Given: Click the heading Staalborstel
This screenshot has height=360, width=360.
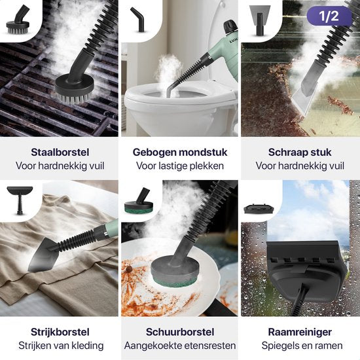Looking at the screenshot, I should pyautogui.click(x=59, y=152).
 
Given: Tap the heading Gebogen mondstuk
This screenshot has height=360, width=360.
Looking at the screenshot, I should pyautogui.click(x=180, y=152).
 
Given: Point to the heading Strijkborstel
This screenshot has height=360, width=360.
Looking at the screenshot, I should pyautogui.click(x=59, y=331).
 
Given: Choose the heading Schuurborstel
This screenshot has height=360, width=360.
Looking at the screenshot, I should pyautogui.click(x=180, y=331).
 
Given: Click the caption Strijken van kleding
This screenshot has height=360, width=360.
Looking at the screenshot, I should pyautogui.click(x=59, y=346).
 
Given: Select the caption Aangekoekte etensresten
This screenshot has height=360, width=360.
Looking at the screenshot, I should pyautogui.click(x=180, y=346).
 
